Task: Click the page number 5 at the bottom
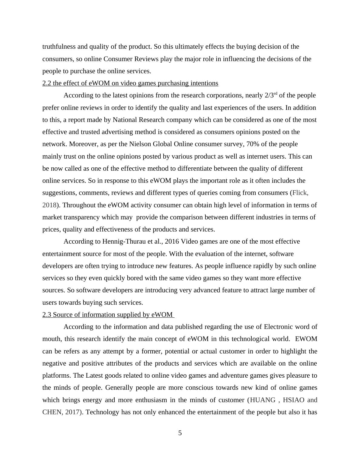click(180, 433)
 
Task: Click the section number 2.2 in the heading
click(47, 83)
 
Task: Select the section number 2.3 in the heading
click(47, 315)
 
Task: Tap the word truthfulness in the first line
click(59, 47)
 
